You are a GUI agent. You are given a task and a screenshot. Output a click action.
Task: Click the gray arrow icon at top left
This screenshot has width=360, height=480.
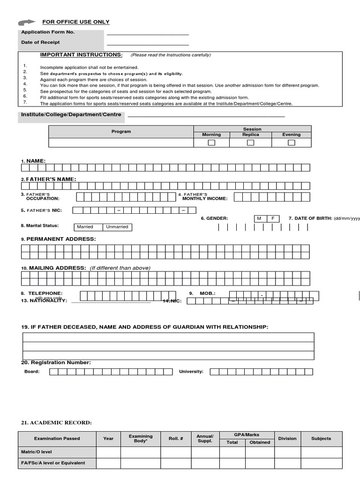point(27,22)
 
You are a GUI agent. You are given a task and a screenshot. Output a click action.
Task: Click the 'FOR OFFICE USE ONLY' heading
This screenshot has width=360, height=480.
point(76,22)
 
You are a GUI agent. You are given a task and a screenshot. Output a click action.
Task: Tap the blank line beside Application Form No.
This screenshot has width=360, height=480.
point(148,34)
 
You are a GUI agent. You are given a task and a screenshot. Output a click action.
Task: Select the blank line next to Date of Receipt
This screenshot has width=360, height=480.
point(148,44)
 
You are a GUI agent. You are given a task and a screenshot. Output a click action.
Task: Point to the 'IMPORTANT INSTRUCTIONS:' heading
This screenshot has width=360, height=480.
point(81,55)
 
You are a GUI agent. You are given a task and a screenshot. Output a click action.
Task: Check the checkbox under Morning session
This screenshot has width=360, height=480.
point(211,142)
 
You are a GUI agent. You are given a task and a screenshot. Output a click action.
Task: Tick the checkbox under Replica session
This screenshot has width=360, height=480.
point(250,142)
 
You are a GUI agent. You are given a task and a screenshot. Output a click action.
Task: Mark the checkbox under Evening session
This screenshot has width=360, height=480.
point(292,142)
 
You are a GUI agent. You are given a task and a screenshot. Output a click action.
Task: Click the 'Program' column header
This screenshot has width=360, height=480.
point(121,132)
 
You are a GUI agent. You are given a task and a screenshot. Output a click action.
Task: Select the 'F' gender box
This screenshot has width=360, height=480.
point(273,218)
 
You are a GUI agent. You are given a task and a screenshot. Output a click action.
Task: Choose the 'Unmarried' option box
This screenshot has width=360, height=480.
point(117,227)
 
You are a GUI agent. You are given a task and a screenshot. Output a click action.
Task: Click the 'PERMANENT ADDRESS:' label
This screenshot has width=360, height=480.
point(61,239)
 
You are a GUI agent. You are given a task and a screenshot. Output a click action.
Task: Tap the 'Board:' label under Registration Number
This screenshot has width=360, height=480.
point(32,372)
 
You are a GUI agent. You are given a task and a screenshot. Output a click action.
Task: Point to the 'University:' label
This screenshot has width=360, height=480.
point(191,372)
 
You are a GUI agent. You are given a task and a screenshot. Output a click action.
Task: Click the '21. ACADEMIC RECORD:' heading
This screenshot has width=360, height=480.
point(56,423)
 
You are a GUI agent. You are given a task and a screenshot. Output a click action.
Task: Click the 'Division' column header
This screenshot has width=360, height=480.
point(287,439)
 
